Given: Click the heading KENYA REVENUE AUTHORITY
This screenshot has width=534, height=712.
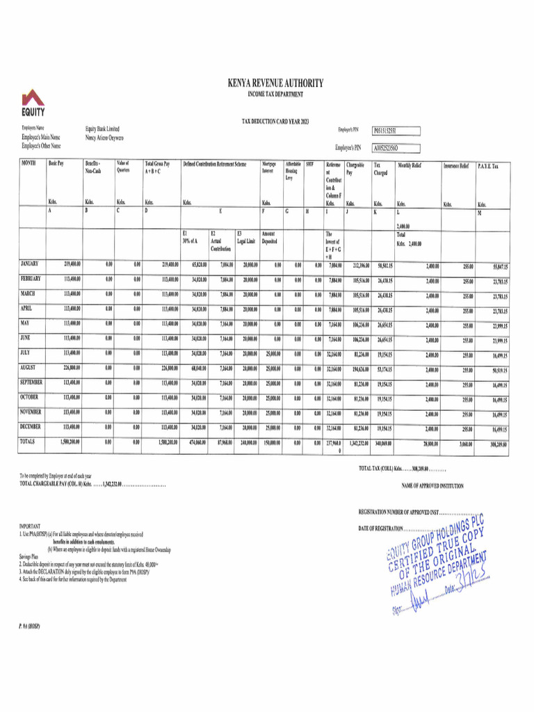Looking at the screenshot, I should (275, 83).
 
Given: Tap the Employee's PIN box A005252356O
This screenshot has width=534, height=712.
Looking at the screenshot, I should (395, 147).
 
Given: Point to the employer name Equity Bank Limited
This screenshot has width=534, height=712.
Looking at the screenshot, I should (102, 129).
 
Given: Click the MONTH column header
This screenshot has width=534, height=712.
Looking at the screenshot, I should (29, 164).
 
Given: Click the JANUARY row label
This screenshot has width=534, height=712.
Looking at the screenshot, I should (30, 264).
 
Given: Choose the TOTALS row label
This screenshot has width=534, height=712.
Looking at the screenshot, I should (29, 441).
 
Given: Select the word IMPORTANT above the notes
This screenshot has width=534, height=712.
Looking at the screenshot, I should (30, 526).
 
